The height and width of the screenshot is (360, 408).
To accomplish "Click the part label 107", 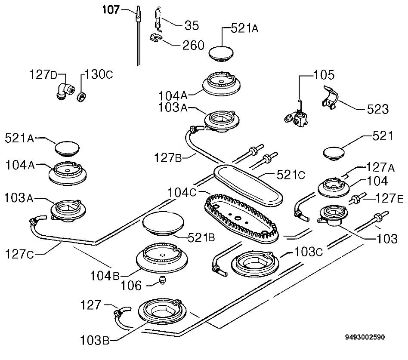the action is pyautogui.click(x=111, y=10).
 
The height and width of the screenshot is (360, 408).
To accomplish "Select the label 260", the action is pyautogui.click(x=193, y=45).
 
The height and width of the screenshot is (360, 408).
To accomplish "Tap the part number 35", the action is pyautogui.click(x=192, y=25).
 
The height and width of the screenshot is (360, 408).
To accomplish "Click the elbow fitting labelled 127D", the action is pyautogui.click(x=65, y=91).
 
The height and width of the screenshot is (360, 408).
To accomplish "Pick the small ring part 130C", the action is pyautogui.click(x=82, y=96).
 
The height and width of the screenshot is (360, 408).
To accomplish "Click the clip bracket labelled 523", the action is pyautogui.click(x=329, y=98).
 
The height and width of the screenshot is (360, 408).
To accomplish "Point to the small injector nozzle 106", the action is pyautogui.click(x=162, y=280).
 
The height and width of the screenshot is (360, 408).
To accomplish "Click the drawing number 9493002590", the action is pyautogui.click(x=365, y=337).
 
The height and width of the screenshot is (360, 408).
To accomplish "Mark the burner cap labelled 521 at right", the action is pyautogui.click(x=334, y=154).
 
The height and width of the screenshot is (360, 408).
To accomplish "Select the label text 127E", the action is pyautogui.click(x=389, y=199).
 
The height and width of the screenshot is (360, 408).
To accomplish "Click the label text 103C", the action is pyautogui.click(x=308, y=252).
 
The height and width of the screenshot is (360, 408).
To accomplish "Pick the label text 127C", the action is pyautogui.click(x=19, y=254).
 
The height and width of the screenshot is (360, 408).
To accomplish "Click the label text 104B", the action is pyautogui.click(x=105, y=276).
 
